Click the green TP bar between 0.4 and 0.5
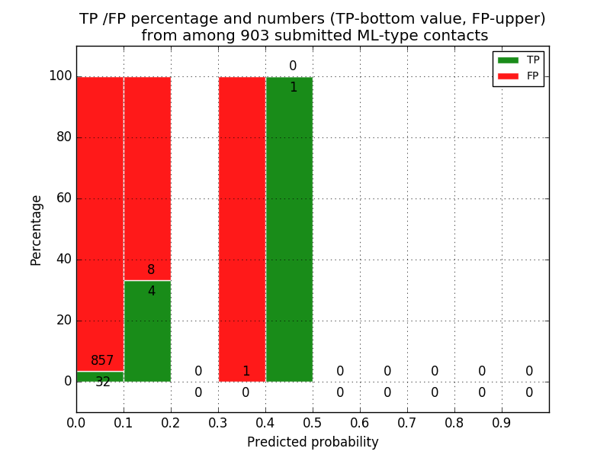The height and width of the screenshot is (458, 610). coord(289,229)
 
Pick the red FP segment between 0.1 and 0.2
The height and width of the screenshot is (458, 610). coord(147,176)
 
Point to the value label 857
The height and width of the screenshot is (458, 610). coord(102,361)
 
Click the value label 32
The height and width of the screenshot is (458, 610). coord(103,382)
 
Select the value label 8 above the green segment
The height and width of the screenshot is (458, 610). coord(151,270)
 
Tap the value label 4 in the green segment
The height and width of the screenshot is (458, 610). coord(151,291)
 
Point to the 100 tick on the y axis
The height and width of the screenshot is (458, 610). coord(60,76)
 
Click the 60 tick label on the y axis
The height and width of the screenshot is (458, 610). coord(64,198)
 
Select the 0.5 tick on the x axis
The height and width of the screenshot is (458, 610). coord(313,422)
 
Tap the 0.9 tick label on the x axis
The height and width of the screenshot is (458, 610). coord(502,422)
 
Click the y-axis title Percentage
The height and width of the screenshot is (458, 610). coord(37,230)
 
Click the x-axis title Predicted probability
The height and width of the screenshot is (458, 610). coord(313,442)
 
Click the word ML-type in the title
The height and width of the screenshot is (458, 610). coord(386,36)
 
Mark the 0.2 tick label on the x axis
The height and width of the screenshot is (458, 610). coord(171,422)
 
